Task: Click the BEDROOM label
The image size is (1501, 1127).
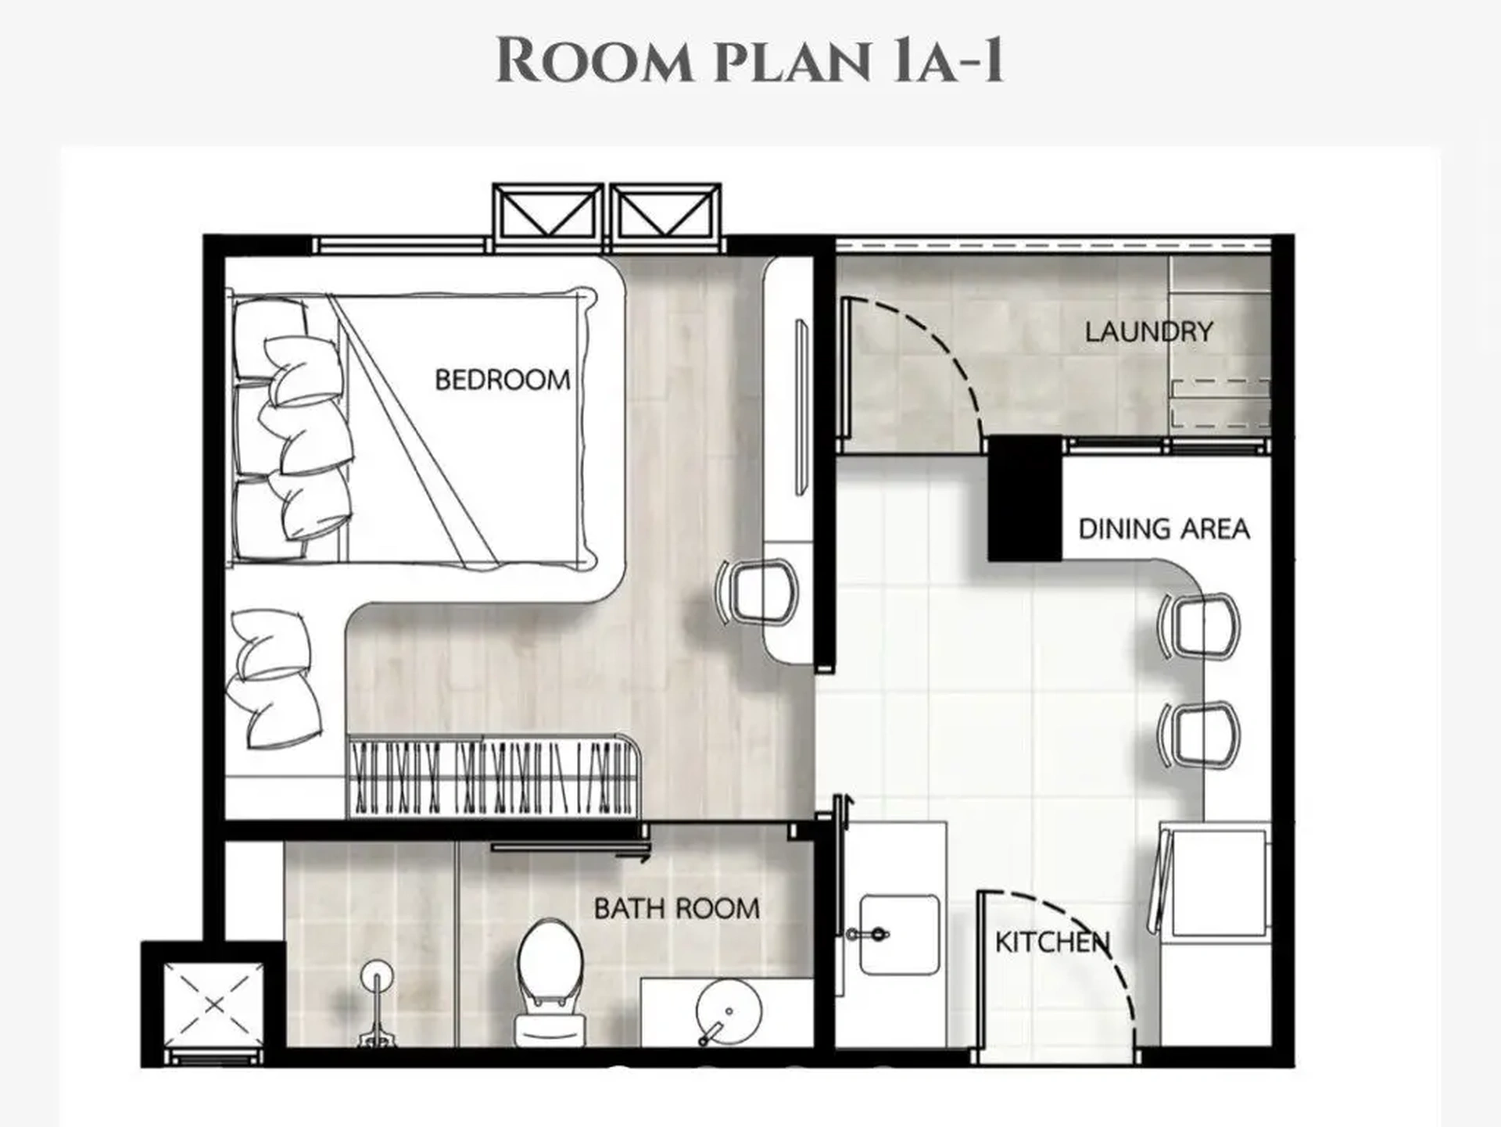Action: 502,380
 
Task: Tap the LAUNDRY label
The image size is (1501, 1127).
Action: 1148,331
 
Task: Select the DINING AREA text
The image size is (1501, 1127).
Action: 1163,529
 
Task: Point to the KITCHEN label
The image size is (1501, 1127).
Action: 1051,942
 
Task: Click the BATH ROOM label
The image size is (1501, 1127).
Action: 676,908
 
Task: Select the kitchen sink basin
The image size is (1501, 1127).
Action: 899,935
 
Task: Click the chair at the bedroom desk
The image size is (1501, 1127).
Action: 760,592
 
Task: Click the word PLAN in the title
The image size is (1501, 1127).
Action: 791,61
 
